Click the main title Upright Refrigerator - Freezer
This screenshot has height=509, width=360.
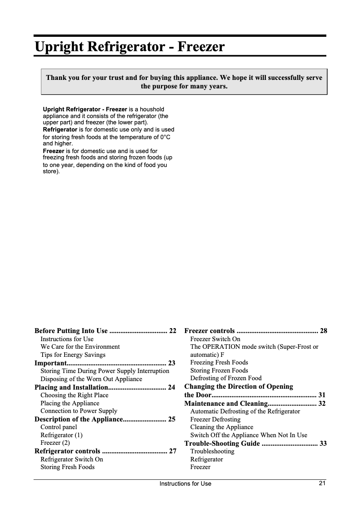click(x=130, y=47)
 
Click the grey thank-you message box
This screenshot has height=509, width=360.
click(x=184, y=82)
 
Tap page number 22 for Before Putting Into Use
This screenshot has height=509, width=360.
click(x=172, y=331)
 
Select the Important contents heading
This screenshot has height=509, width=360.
click(x=51, y=363)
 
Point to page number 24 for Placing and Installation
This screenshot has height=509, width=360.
click(x=171, y=387)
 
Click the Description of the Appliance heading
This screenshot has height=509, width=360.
click(x=79, y=419)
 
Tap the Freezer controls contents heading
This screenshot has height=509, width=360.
click(x=210, y=331)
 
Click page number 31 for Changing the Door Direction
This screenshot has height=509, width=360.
click(x=322, y=395)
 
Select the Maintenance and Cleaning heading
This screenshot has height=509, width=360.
click(x=226, y=403)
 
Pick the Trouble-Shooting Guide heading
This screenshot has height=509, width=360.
click(x=222, y=443)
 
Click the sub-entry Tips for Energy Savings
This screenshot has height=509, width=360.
click(x=73, y=355)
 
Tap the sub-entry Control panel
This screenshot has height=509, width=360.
click(x=59, y=427)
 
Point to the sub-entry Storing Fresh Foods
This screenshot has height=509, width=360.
click(x=67, y=467)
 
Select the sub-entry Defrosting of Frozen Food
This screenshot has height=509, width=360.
click(x=226, y=378)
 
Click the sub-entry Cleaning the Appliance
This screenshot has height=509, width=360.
click(x=222, y=427)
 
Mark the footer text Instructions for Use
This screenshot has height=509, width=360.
click(x=185, y=483)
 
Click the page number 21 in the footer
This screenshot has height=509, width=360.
click(x=322, y=483)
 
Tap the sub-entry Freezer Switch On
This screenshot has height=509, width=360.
click(x=215, y=339)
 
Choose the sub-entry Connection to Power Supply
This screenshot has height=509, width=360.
click(x=79, y=411)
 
